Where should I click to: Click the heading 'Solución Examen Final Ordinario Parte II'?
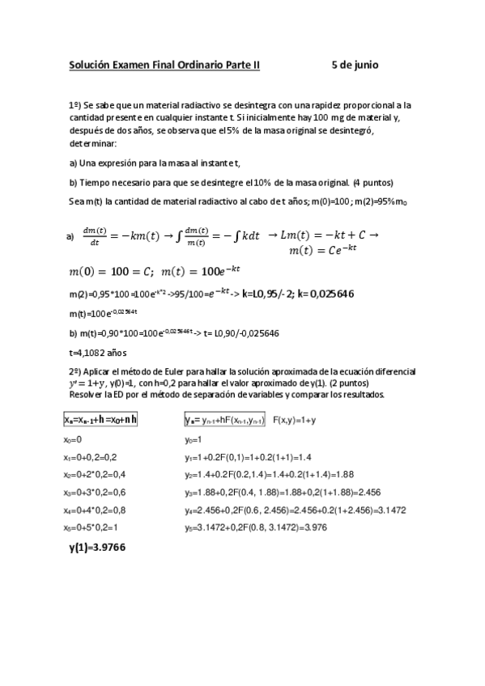click(164, 64)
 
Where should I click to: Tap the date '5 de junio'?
click(355, 64)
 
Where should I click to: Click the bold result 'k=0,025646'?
click(325, 293)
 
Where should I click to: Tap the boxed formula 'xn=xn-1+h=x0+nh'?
click(100, 419)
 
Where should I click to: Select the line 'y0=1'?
click(196, 440)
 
